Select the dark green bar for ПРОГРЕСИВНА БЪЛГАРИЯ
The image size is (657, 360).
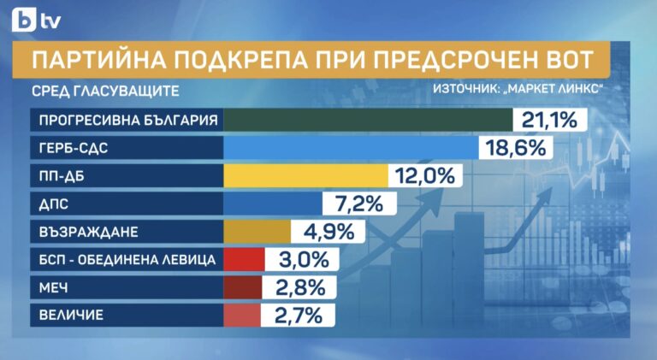tap(367, 120)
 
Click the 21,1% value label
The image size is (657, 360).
tap(547, 120)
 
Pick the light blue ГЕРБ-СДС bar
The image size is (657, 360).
tap(351, 148)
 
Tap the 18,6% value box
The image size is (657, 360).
tap(514, 148)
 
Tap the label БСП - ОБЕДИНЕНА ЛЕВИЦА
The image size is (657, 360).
tap(121, 260)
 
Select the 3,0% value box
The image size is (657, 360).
tap(302, 260)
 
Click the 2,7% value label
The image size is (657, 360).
tap(297, 316)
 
